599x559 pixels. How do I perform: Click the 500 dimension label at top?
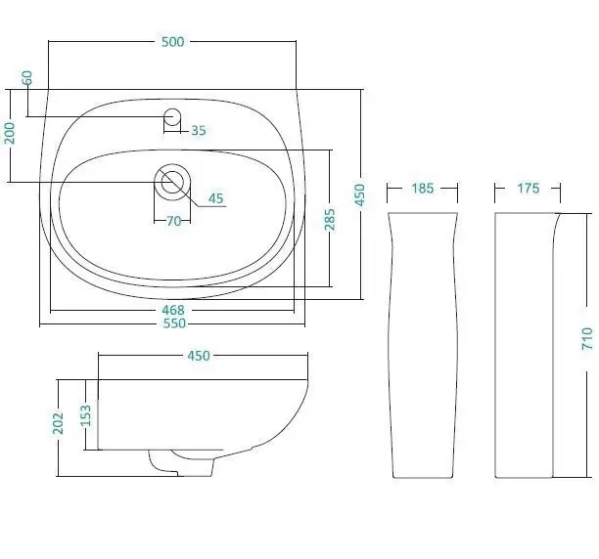(x=172, y=42)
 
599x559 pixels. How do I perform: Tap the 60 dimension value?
(x=27, y=78)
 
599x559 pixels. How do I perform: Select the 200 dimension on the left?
(x=10, y=133)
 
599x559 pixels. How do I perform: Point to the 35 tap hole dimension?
(x=199, y=130)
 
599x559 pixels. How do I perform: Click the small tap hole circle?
(x=172, y=116)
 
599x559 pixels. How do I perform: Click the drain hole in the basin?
(x=172, y=183)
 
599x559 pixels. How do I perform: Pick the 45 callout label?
(x=216, y=198)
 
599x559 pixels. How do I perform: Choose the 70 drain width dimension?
(x=174, y=221)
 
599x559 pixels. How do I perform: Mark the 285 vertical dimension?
(x=330, y=219)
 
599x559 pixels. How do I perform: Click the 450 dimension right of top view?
(x=360, y=194)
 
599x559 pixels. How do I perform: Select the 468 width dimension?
(x=173, y=310)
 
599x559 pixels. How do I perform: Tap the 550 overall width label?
(x=174, y=323)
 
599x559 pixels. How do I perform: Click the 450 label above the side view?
(x=199, y=356)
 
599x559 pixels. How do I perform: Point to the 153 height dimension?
(x=87, y=415)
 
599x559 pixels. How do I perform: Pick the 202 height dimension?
(x=58, y=423)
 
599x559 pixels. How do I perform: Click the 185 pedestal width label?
(x=423, y=189)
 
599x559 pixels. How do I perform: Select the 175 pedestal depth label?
(x=529, y=189)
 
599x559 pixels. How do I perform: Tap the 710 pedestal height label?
(x=587, y=338)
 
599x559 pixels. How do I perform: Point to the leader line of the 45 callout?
(x=195, y=194)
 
